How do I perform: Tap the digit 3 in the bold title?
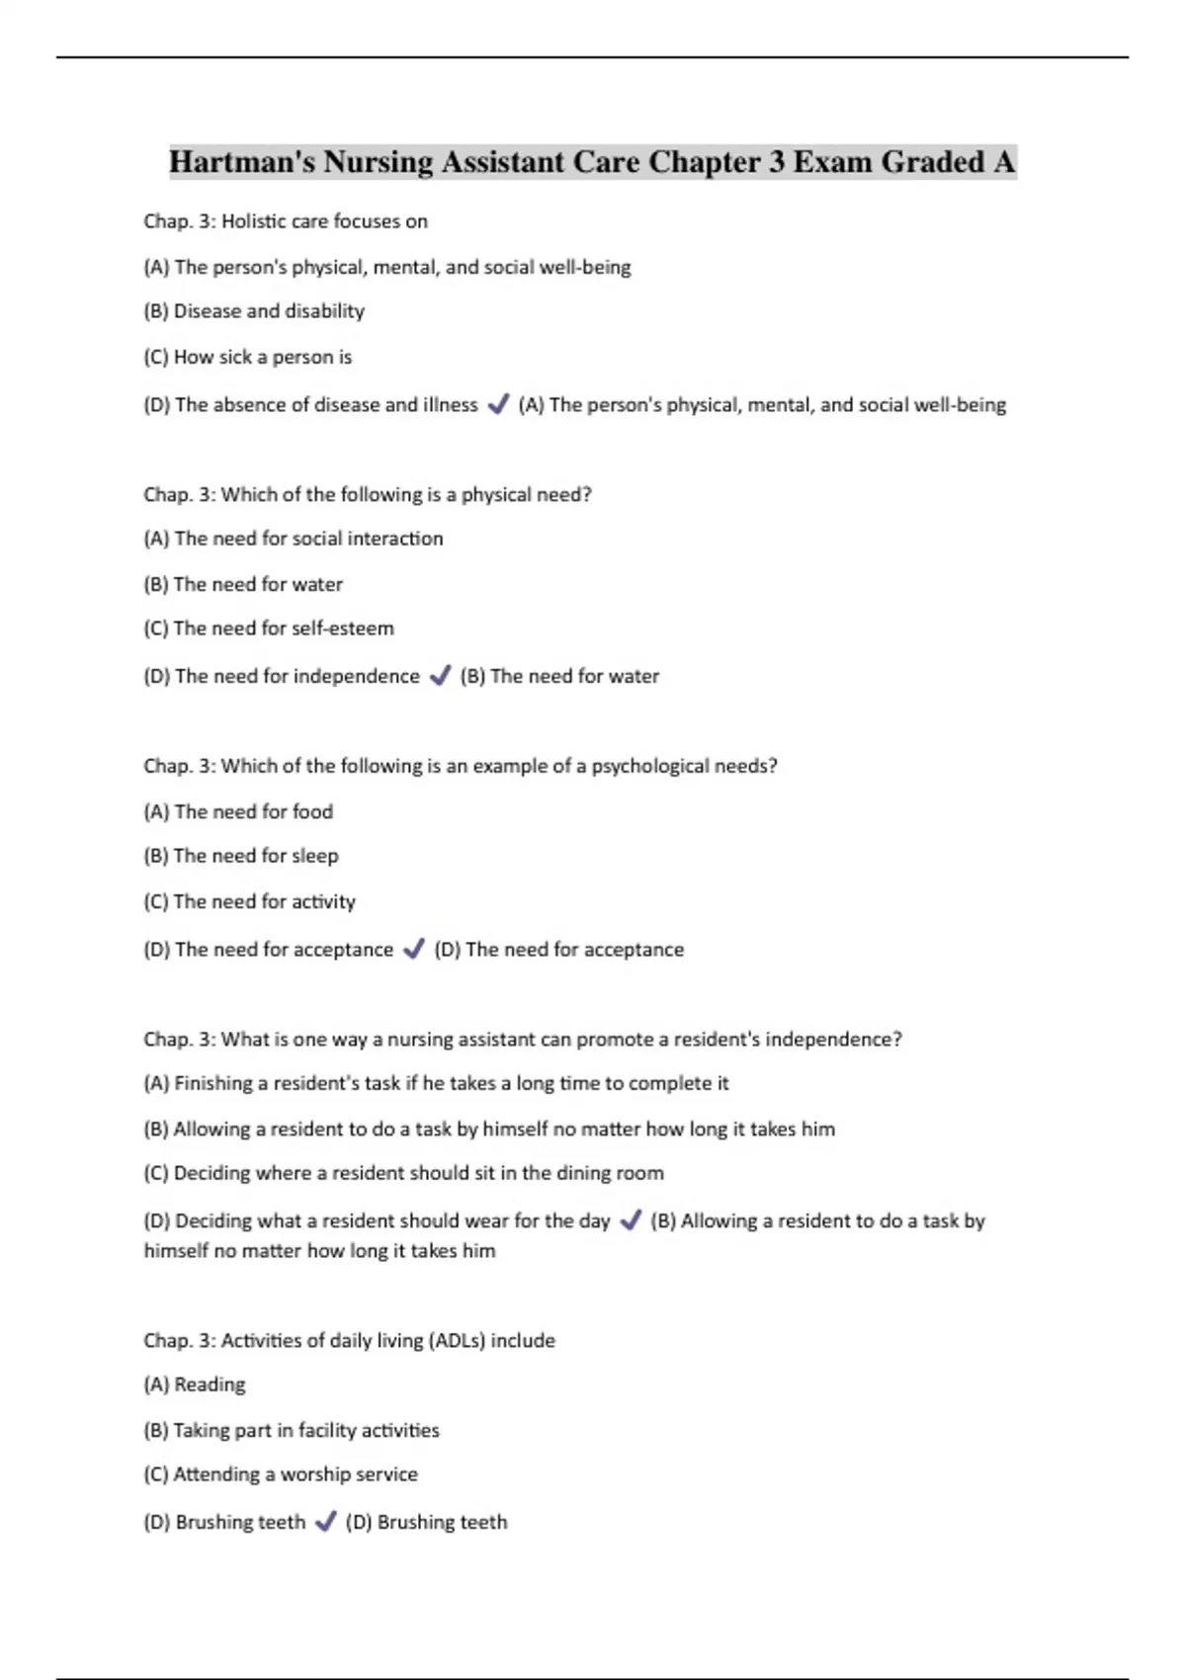[x=776, y=161]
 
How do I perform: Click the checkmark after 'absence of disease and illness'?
[x=498, y=404]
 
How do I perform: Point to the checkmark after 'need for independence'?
[x=440, y=676]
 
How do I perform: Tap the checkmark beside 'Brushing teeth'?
[x=325, y=1522]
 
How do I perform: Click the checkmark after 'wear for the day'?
[x=630, y=1220]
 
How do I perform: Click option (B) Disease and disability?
[x=254, y=311]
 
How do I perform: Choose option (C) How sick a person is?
[x=247, y=357]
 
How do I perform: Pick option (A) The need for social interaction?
[x=293, y=539]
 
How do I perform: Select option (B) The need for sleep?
[x=241, y=856]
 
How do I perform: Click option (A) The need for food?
[x=238, y=811]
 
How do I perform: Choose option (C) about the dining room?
[x=403, y=1173]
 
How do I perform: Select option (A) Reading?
[x=195, y=1385]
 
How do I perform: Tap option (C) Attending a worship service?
[x=281, y=1474]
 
